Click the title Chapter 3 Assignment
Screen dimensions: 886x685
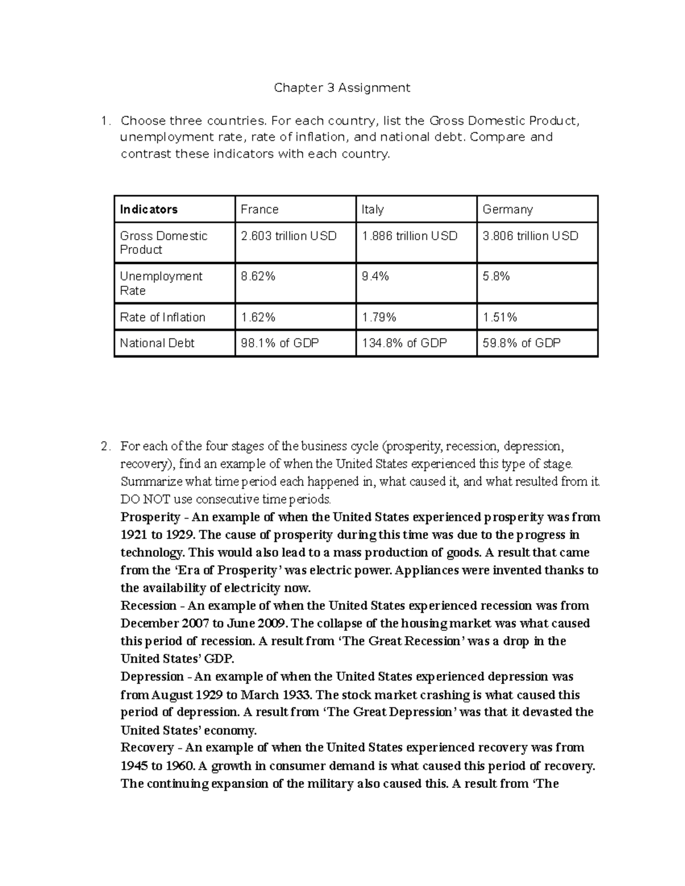[342, 88]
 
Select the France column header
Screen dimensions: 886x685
[259, 209]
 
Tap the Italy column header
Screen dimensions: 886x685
[372, 209]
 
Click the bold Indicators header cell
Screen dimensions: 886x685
[148, 209]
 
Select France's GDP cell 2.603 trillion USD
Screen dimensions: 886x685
[289, 236]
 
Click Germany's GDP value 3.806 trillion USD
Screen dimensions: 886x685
[530, 236]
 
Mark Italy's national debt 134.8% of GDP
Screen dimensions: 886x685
[404, 343]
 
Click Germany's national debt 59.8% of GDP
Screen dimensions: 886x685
[521, 343]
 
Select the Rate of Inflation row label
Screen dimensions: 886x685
[163, 317]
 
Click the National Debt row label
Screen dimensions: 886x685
[157, 343]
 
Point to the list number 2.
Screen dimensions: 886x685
[104, 447]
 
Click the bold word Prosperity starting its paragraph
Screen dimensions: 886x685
[150, 517]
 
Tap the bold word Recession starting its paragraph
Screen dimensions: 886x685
[148, 606]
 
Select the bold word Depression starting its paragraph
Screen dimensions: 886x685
[152, 677]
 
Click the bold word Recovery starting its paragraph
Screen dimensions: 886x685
[147, 747]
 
